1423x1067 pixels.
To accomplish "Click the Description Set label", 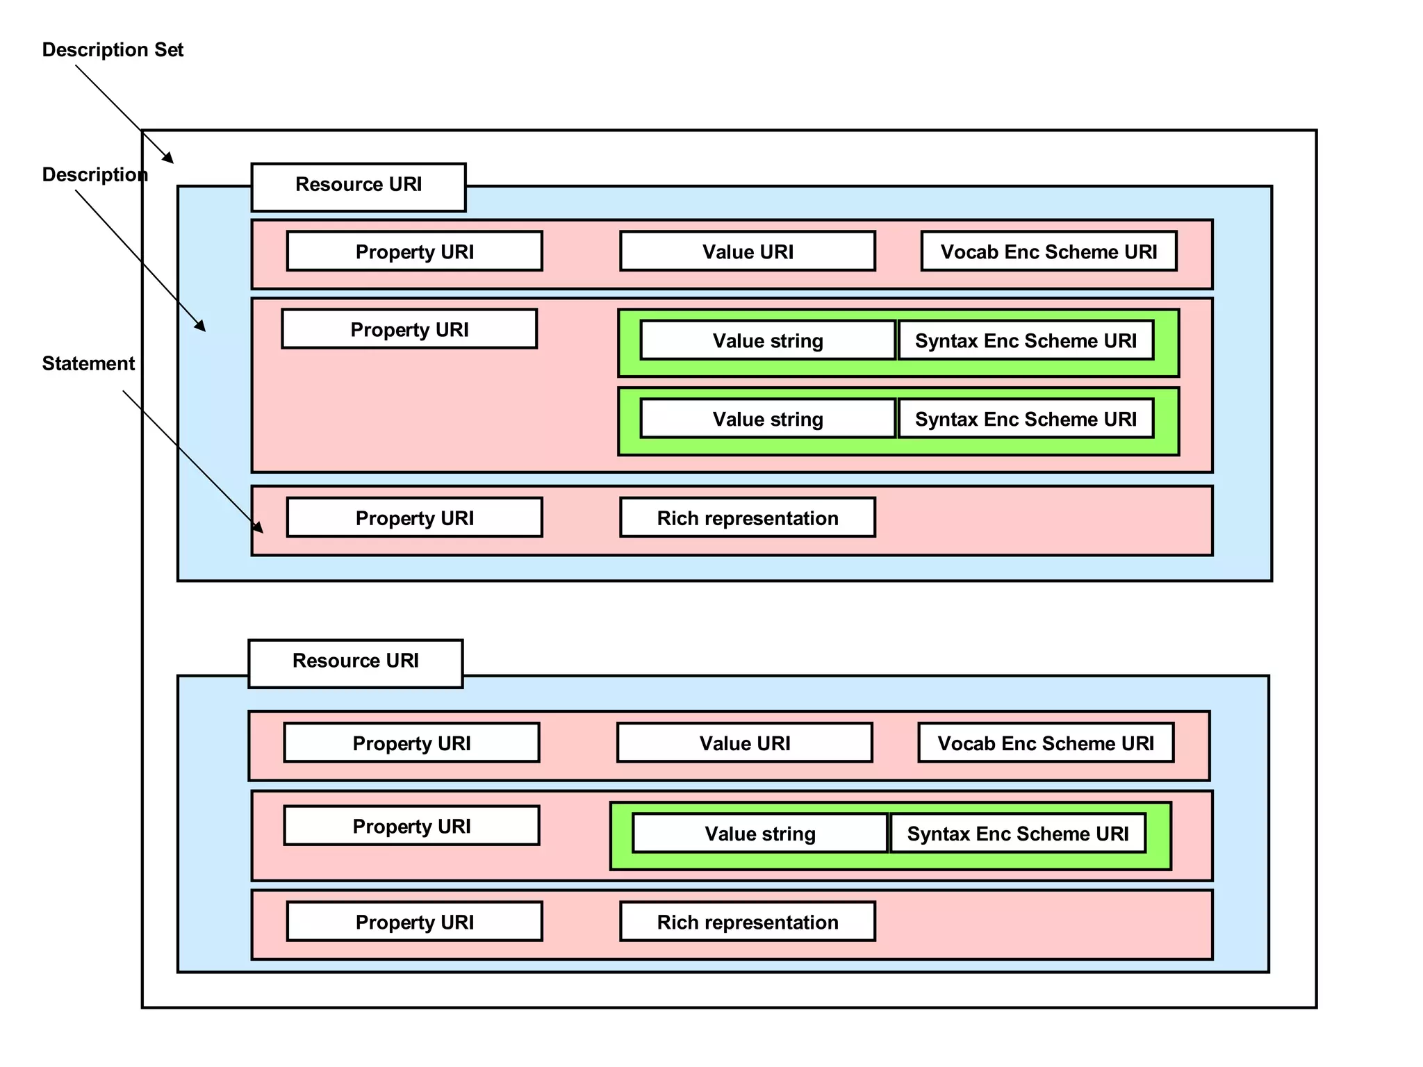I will (113, 50).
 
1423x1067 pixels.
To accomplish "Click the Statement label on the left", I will (88, 363).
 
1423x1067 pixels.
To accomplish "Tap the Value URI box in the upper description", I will (748, 251).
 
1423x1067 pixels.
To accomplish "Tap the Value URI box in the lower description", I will (745, 743).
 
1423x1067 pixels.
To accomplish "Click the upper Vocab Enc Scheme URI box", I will (1048, 251).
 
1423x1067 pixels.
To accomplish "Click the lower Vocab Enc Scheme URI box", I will (1046, 743).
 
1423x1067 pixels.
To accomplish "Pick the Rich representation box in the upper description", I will (748, 518).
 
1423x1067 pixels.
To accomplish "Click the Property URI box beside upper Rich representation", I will (415, 518).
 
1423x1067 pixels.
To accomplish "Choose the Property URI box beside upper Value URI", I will (415, 251).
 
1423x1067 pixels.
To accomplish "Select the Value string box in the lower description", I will (760, 833).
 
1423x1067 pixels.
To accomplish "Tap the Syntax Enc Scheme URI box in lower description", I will (1018, 833).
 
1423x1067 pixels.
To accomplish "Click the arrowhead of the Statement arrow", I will (259, 529).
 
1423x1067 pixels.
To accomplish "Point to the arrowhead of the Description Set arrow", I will (169, 158).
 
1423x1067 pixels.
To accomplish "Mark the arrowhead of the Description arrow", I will (201, 326).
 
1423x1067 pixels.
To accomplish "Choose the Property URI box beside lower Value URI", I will (412, 743).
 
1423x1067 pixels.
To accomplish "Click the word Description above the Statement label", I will (94, 174).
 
